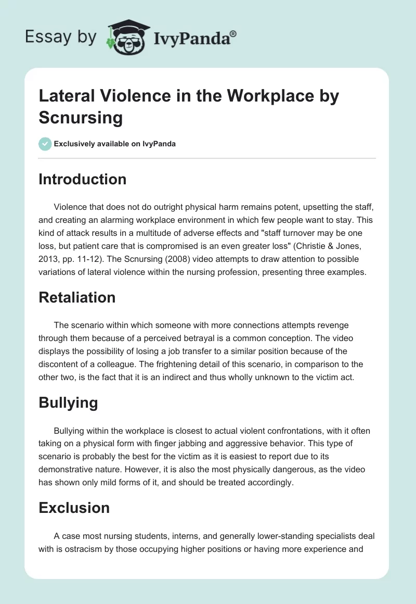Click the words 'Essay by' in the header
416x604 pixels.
tap(60, 37)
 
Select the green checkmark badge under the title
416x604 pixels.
tap(45, 144)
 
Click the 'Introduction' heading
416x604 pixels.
tap(82, 179)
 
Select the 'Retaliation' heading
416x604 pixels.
tap(77, 297)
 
